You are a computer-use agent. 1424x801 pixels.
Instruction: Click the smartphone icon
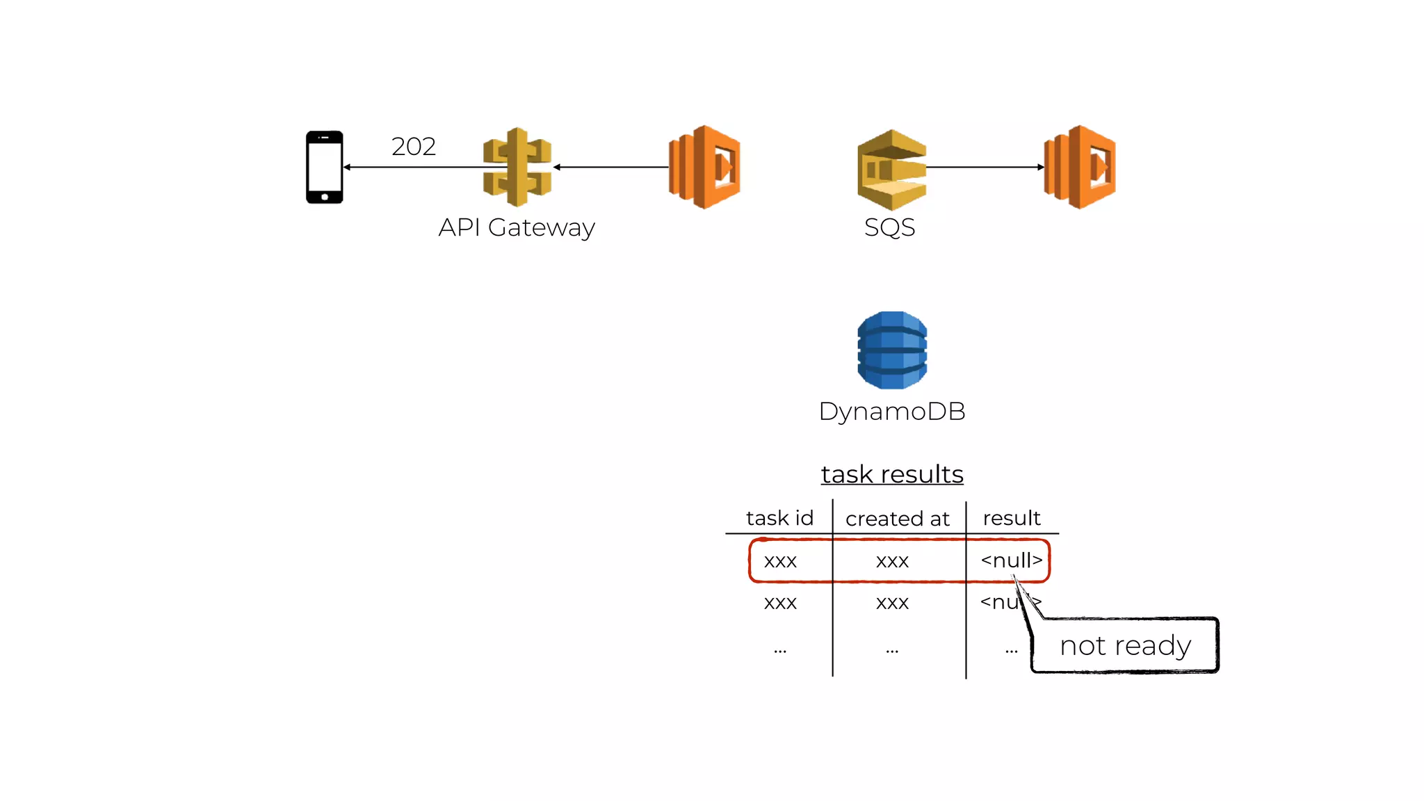[325, 167]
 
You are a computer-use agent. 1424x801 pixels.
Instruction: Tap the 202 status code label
[414, 147]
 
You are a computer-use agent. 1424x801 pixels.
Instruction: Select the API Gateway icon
[517, 167]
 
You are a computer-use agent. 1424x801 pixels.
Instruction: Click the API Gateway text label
[517, 227]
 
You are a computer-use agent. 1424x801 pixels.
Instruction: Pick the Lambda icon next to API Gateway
[705, 167]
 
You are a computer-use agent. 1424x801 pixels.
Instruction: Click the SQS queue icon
[892, 170]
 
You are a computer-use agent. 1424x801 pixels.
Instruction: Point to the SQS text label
[889, 227]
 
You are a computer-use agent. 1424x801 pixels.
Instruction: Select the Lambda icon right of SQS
[1081, 167]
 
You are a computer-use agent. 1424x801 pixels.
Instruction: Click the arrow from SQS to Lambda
[985, 167]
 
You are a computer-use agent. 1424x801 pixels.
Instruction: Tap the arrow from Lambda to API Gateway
[612, 167]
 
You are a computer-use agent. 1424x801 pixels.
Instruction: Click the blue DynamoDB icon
[892, 350]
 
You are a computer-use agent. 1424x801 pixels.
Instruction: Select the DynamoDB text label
[892, 411]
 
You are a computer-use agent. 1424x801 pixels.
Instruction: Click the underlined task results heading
[892, 474]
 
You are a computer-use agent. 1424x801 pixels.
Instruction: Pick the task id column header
[779, 518]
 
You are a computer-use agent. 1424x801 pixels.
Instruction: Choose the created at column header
[897, 519]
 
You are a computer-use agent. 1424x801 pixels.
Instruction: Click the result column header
[1012, 518]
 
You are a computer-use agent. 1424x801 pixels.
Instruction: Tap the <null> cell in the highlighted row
[1011, 560]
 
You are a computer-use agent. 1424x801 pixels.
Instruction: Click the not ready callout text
[1125, 645]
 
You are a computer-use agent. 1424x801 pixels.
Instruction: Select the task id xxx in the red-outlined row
[780, 561]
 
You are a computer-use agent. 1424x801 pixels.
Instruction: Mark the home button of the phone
[325, 197]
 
